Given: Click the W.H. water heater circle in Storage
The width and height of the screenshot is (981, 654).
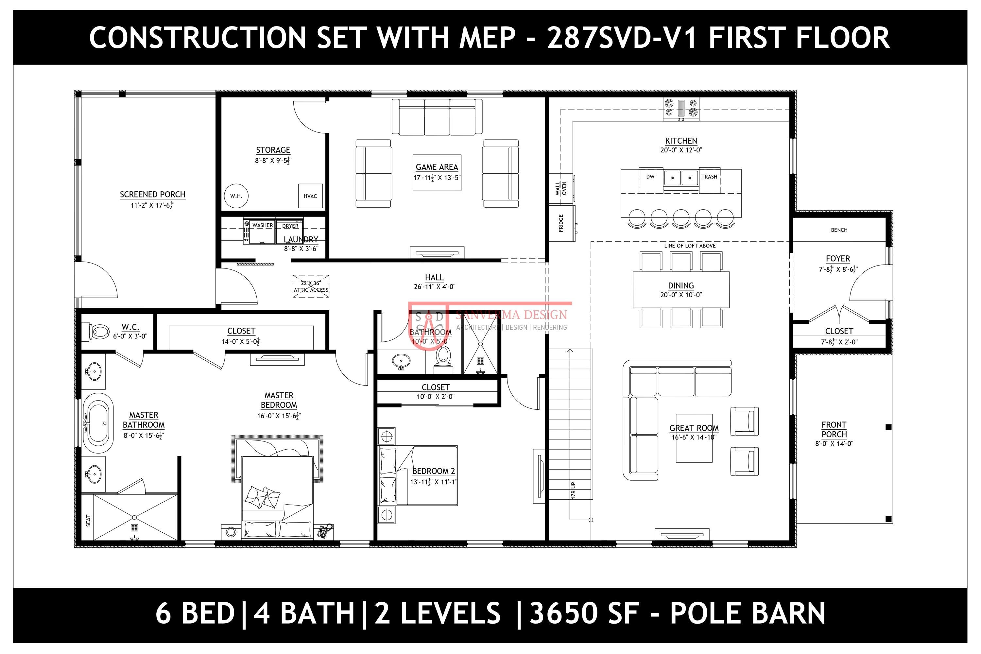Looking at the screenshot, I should tap(236, 196).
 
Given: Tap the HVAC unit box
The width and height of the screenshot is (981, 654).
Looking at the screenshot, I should tap(310, 196).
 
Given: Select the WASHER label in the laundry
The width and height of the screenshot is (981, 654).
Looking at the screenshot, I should tap(262, 225).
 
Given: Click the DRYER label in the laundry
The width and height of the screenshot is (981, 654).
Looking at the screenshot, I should tap(290, 226).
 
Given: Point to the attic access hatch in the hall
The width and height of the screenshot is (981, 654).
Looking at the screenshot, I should tap(311, 286).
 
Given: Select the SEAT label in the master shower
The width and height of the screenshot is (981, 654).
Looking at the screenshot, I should tap(88, 520).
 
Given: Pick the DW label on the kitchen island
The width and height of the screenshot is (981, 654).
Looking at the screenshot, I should tap(650, 177).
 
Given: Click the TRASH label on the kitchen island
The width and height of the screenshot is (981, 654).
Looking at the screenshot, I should tap(709, 177).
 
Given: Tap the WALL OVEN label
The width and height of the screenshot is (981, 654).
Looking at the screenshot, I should tap(561, 189).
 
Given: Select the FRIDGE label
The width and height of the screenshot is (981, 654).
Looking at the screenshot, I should tap(561, 223).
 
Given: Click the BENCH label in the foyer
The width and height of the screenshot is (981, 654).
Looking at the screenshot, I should tap(839, 230).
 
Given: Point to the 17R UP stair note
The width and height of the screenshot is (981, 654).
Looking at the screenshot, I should tap(574, 490).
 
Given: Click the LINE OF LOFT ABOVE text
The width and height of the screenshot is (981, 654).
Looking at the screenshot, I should tap(690, 246).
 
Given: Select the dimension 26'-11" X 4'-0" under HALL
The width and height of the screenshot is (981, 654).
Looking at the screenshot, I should tap(434, 286).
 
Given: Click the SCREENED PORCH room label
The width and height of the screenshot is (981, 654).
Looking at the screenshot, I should tap(152, 194).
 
